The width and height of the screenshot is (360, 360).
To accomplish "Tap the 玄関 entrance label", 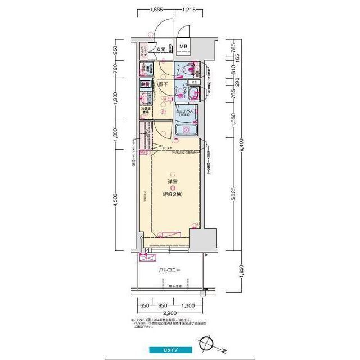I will [x=161, y=49].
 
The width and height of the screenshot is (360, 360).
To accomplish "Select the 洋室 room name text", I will [x=173, y=182].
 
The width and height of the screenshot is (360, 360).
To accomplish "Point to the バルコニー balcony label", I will [x=169, y=270].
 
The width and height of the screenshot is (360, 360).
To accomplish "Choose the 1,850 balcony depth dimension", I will [x=241, y=276].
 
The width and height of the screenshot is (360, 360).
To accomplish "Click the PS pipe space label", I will [x=194, y=82].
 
